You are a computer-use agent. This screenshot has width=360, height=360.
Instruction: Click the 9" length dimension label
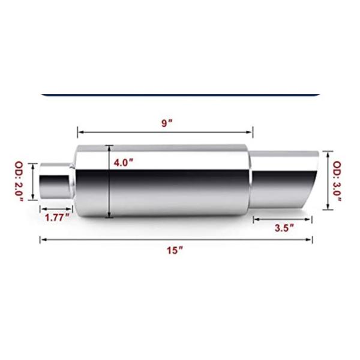click(167, 123)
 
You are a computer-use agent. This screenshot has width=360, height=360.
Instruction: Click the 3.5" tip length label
click(283, 227)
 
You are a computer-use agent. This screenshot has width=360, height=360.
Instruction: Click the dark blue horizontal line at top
click(180, 95)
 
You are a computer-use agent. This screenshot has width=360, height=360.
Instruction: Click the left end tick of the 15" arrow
click(40, 239)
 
